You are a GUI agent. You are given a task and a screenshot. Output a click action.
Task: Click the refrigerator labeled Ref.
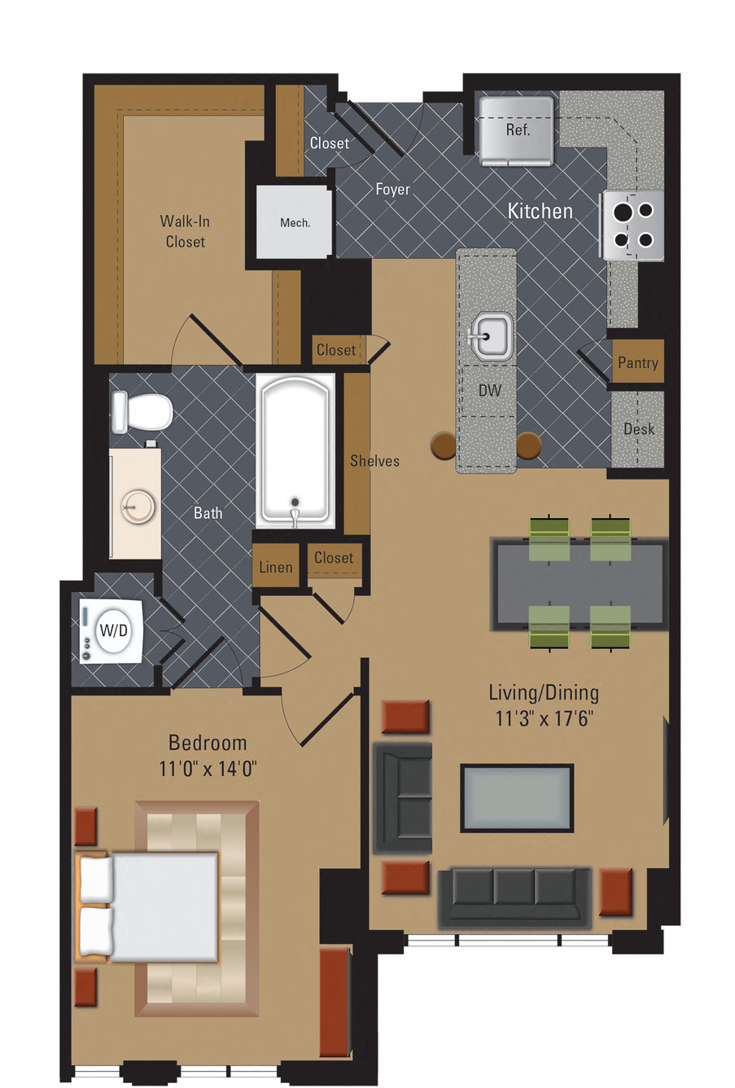point(516,130)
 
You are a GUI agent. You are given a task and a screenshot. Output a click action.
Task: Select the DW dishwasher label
point(489,391)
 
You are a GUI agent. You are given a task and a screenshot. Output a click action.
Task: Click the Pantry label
point(637,362)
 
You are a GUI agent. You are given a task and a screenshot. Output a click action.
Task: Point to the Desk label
point(638,429)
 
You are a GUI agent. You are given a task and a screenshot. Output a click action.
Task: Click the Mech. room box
point(295,222)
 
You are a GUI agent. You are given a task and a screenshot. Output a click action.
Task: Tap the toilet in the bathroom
point(143,410)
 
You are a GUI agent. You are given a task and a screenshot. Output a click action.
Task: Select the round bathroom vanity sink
point(136,507)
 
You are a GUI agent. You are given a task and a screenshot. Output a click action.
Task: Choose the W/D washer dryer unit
point(112,630)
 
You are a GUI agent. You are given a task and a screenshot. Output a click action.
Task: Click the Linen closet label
point(276,568)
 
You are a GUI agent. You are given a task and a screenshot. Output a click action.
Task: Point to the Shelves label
point(374,461)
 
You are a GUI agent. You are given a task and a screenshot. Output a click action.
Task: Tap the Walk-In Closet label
point(185,231)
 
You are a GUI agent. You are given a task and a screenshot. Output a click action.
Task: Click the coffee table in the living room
point(517,797)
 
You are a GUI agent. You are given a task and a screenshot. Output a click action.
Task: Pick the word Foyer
point(392,189)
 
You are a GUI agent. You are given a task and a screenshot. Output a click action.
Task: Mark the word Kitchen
point(540,211)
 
